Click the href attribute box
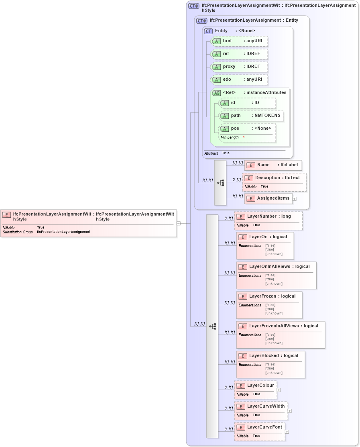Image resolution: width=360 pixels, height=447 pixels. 239,41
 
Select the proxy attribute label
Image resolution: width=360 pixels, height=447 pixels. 229,67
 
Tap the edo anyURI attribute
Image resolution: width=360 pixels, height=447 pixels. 239,80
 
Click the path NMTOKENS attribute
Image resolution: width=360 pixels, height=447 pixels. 251,116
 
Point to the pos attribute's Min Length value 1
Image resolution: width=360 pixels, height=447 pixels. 244,137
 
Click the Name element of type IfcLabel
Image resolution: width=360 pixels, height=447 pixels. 273,165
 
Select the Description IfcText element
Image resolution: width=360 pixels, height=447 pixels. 274,178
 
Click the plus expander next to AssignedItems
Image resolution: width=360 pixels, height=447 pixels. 294,198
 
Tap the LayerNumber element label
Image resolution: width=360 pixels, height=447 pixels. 262,216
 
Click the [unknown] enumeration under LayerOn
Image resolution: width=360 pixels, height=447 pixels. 274,254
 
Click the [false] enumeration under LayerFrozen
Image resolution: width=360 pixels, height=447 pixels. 270,305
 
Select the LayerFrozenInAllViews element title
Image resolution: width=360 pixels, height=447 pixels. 274,326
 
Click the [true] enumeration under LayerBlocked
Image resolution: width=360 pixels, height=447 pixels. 270,368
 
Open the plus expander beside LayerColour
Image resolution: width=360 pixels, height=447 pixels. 279,390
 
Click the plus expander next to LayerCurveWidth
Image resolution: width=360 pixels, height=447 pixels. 289,411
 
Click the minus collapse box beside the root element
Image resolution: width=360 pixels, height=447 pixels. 178,223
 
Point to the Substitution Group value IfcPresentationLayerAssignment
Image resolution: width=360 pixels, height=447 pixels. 63,232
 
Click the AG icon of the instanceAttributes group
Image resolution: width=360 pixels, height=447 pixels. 216,93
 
